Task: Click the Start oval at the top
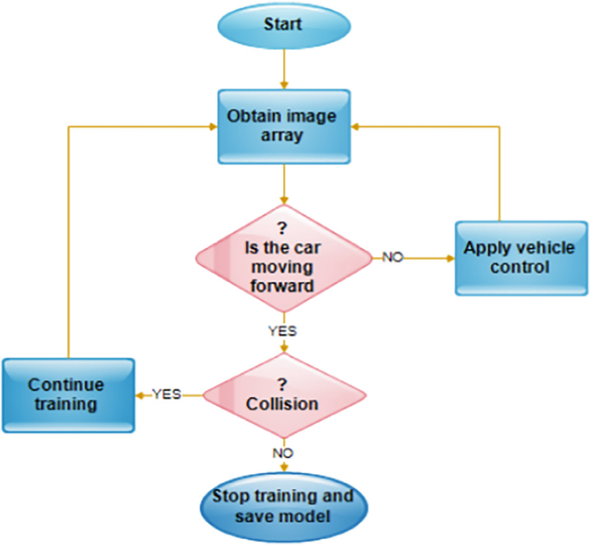coord(283,24)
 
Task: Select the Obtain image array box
coord(283,126)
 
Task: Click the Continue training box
coord(66,394)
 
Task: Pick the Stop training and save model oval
coord(283,508)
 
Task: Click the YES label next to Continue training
coord(166,393)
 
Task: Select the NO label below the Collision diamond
coord(283,453)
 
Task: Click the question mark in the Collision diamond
coord(283,381)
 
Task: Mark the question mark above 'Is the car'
coord(283,229)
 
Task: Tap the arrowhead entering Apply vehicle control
coord(449,257)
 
